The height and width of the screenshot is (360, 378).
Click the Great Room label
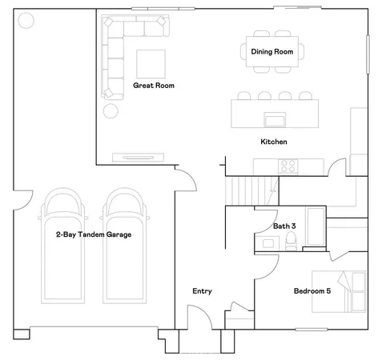pos(154,85)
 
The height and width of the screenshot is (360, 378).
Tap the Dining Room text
pos(272,52)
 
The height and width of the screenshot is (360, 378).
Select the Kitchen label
pos(273,142)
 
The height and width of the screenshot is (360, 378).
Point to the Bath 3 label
pos(284,226)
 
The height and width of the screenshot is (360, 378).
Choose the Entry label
pos(202,291)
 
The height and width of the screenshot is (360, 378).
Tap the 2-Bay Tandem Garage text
pos(94,235)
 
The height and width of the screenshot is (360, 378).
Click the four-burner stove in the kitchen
pos(288,166)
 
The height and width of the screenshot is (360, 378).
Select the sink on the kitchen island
pos(275,121)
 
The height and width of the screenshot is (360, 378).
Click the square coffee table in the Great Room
pos(150,63)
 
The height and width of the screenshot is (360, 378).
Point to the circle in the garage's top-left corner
pos(26,20)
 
